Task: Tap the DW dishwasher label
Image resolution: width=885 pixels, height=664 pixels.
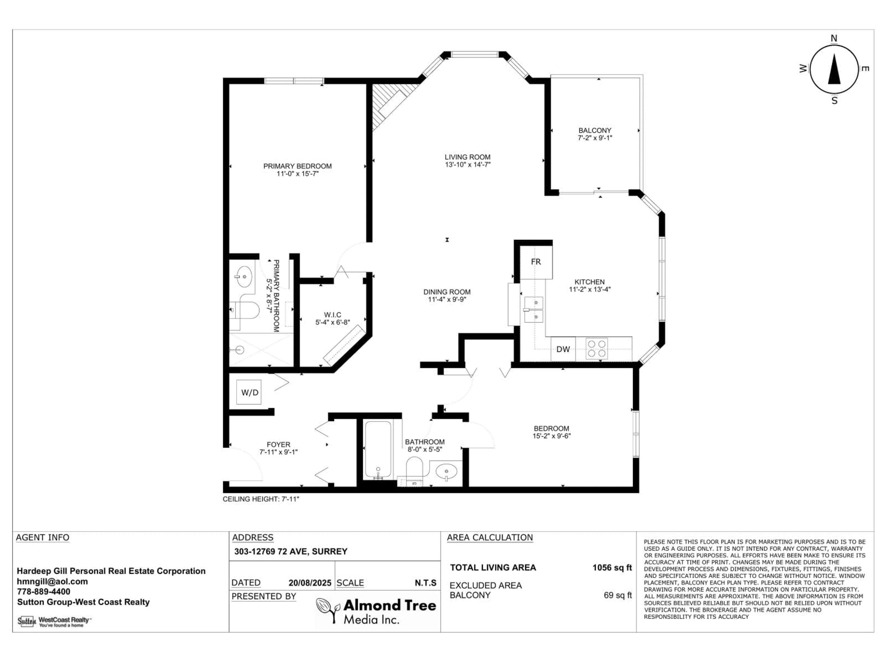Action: coord(563,349)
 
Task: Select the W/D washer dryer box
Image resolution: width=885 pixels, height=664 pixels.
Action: coord(249,392)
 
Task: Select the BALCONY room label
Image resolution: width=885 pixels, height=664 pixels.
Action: coord(595,130)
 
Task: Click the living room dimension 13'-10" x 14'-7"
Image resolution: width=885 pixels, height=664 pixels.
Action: coord(467,164)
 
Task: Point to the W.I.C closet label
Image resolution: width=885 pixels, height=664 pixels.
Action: coord(333,315)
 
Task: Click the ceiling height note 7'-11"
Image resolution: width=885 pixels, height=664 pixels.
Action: coord(261,499)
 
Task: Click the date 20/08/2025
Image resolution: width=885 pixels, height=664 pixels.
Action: coord(310,583)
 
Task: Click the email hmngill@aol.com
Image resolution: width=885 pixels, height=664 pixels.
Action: coord(52,581)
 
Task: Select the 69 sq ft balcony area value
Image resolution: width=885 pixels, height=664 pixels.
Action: coord(617,595)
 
